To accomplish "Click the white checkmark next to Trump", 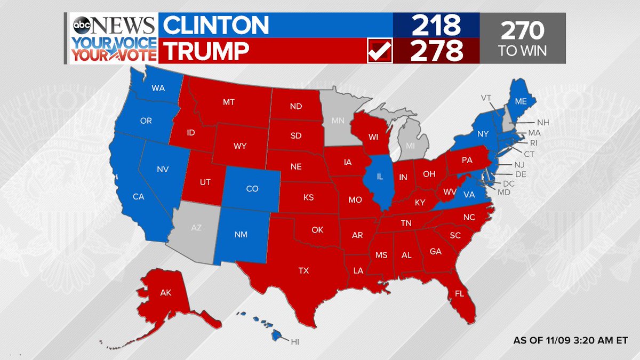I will click(x=380, y=52).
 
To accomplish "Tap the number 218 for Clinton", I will click(x=436, y=25).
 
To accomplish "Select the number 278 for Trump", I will click(x=436, y=52).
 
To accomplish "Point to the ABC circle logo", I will click(x=82, y=26).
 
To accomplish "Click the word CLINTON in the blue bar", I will click(x=216, y=25).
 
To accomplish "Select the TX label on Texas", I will click(x=303, y=271).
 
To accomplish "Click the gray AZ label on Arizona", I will click(x=196, y=227).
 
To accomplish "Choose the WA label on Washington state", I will click(x=158, y=88).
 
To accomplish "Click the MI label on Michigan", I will click(x=410, y=145).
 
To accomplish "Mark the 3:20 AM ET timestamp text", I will click(x=570, y=340).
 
